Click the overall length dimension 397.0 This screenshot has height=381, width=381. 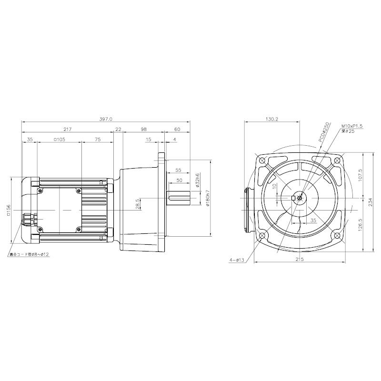(106, 120)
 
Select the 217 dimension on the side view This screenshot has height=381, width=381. (67, 130)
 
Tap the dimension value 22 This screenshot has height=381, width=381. (118, 130)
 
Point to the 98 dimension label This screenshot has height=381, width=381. (143, 130)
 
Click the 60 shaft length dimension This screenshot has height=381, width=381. (177, 130)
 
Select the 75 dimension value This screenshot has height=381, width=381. (97, 140)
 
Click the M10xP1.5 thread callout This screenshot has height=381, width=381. (352, 126)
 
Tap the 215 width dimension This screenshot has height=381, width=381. (299, 259)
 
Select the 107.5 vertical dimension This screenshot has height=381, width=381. (361, 176)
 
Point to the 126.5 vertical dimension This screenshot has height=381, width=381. (361, 224)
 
